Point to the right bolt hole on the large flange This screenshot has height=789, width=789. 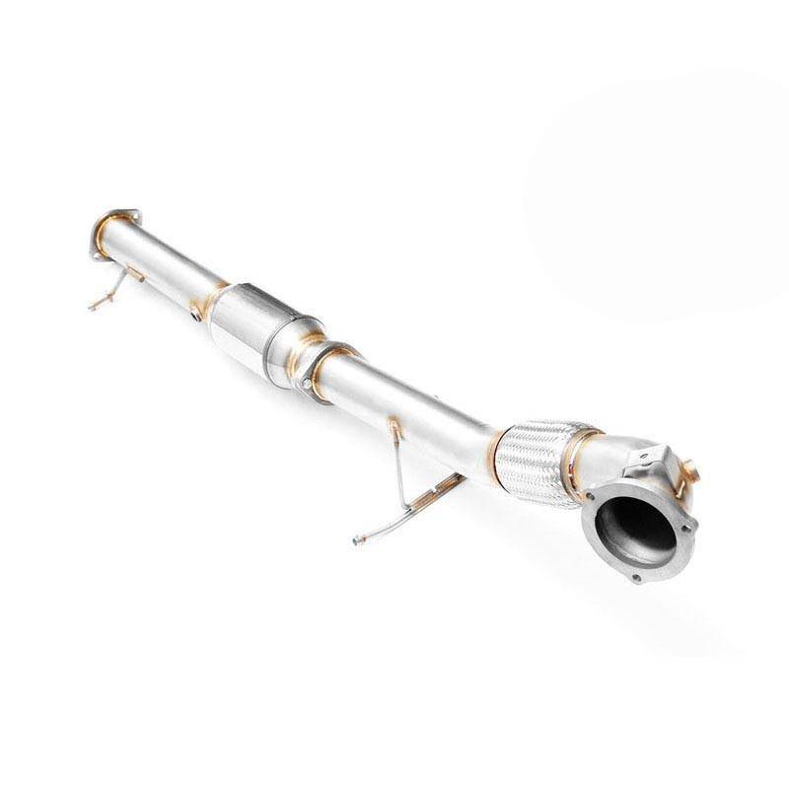(x=687, y=525)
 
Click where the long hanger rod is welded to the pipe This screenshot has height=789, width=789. (x=394, y=426)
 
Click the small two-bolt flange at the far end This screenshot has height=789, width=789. (x=111, y=232)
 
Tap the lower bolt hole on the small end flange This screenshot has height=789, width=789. (x=95, y=253)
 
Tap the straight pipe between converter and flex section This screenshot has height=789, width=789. (x=414, y=404)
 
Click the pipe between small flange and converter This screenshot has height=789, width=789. (x=168, y=266)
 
